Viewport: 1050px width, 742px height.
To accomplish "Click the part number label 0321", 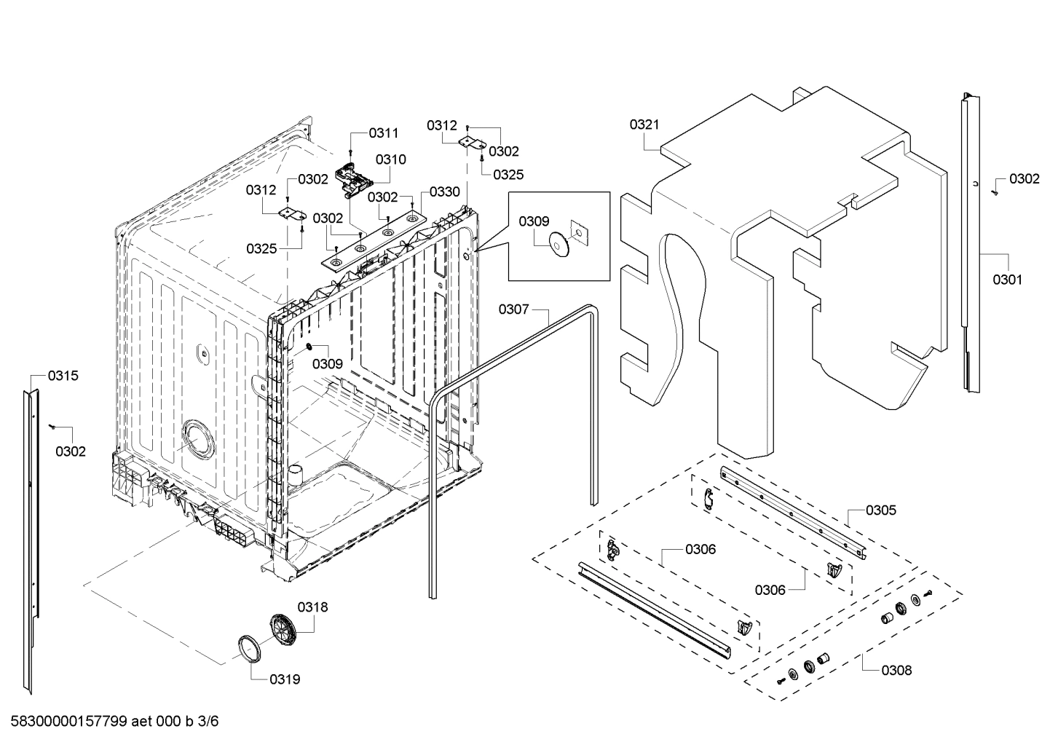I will (x=644, y=125).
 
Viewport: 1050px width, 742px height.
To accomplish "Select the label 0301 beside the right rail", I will (x=1007, y=279).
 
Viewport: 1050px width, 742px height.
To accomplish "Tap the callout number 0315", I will (x=63, y=376).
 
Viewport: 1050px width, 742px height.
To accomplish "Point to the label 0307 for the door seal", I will (x=513, y=309).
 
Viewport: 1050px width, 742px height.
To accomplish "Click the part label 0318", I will (x=312, y=607).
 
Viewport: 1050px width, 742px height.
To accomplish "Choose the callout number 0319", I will (x=285, y=679).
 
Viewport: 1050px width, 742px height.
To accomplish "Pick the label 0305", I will (x=881, y=510).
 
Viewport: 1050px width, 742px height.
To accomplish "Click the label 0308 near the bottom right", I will (x=896, y=670).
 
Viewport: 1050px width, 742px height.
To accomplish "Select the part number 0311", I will (x=384, y=133).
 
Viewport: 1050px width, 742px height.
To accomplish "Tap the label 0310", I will (x=391, y=159).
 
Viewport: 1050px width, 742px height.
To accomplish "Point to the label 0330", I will (x=444, y=192).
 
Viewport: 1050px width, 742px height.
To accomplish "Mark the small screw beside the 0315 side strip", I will (x=52, y=425).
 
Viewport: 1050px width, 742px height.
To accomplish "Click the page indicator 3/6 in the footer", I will (x=208, y=722).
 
